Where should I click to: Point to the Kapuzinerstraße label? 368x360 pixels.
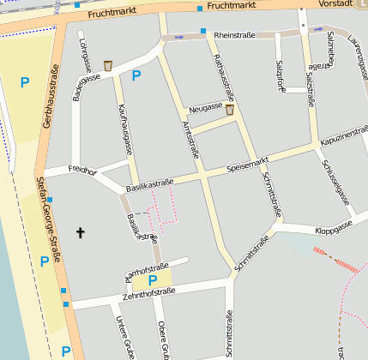point(343,140)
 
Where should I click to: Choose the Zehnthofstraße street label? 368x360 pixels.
point(148,294)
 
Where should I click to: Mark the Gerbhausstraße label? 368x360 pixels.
point(50,97)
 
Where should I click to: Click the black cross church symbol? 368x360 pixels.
point(81,232)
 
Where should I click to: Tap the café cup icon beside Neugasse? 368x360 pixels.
point(229,110)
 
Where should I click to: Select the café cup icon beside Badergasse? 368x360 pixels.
point(108,65)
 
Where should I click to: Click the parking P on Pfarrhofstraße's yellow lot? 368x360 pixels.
point(153,279)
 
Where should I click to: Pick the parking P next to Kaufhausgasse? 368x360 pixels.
point(136,75)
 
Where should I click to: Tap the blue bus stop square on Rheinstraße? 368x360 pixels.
point(203,32)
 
